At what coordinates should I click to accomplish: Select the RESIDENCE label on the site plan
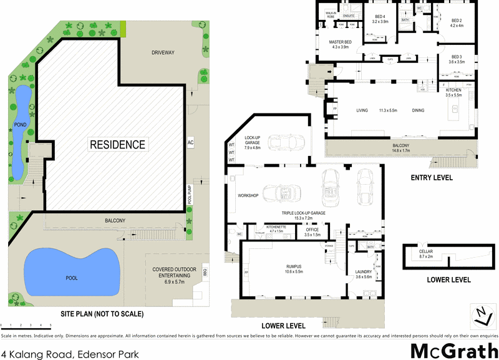(x=117, y=145)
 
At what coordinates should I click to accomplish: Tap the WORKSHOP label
(x=248, y=195)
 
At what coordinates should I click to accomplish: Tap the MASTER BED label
(x=341, y=42)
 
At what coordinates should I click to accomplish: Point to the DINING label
(x=418, y=110)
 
